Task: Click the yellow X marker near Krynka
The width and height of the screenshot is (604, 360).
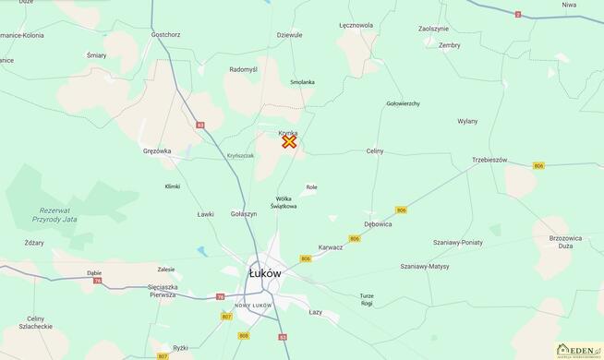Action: pos(289,141)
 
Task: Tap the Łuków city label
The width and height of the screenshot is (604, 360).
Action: pos(266,273)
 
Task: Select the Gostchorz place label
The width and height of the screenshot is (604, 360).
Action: pos(164,34)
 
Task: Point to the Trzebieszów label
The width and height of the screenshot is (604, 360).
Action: pos(489,160)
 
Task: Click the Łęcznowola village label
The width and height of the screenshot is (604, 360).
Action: pos(356,25)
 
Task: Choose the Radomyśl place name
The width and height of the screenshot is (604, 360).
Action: pos(244,69)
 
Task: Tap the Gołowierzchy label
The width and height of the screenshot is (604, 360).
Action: pos(403,103)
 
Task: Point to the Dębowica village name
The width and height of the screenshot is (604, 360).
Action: pos(378,223)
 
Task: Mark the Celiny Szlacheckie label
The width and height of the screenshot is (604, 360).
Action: pos(36,322)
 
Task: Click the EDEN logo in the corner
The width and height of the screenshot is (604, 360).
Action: pos(578,350)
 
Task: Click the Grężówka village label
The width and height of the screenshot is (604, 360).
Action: pos(157,150)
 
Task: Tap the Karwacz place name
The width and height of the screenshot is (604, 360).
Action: pos(331,246)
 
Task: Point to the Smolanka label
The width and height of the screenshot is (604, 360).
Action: pos(302,82)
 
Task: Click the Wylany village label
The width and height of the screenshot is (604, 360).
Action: pos(467,121)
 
